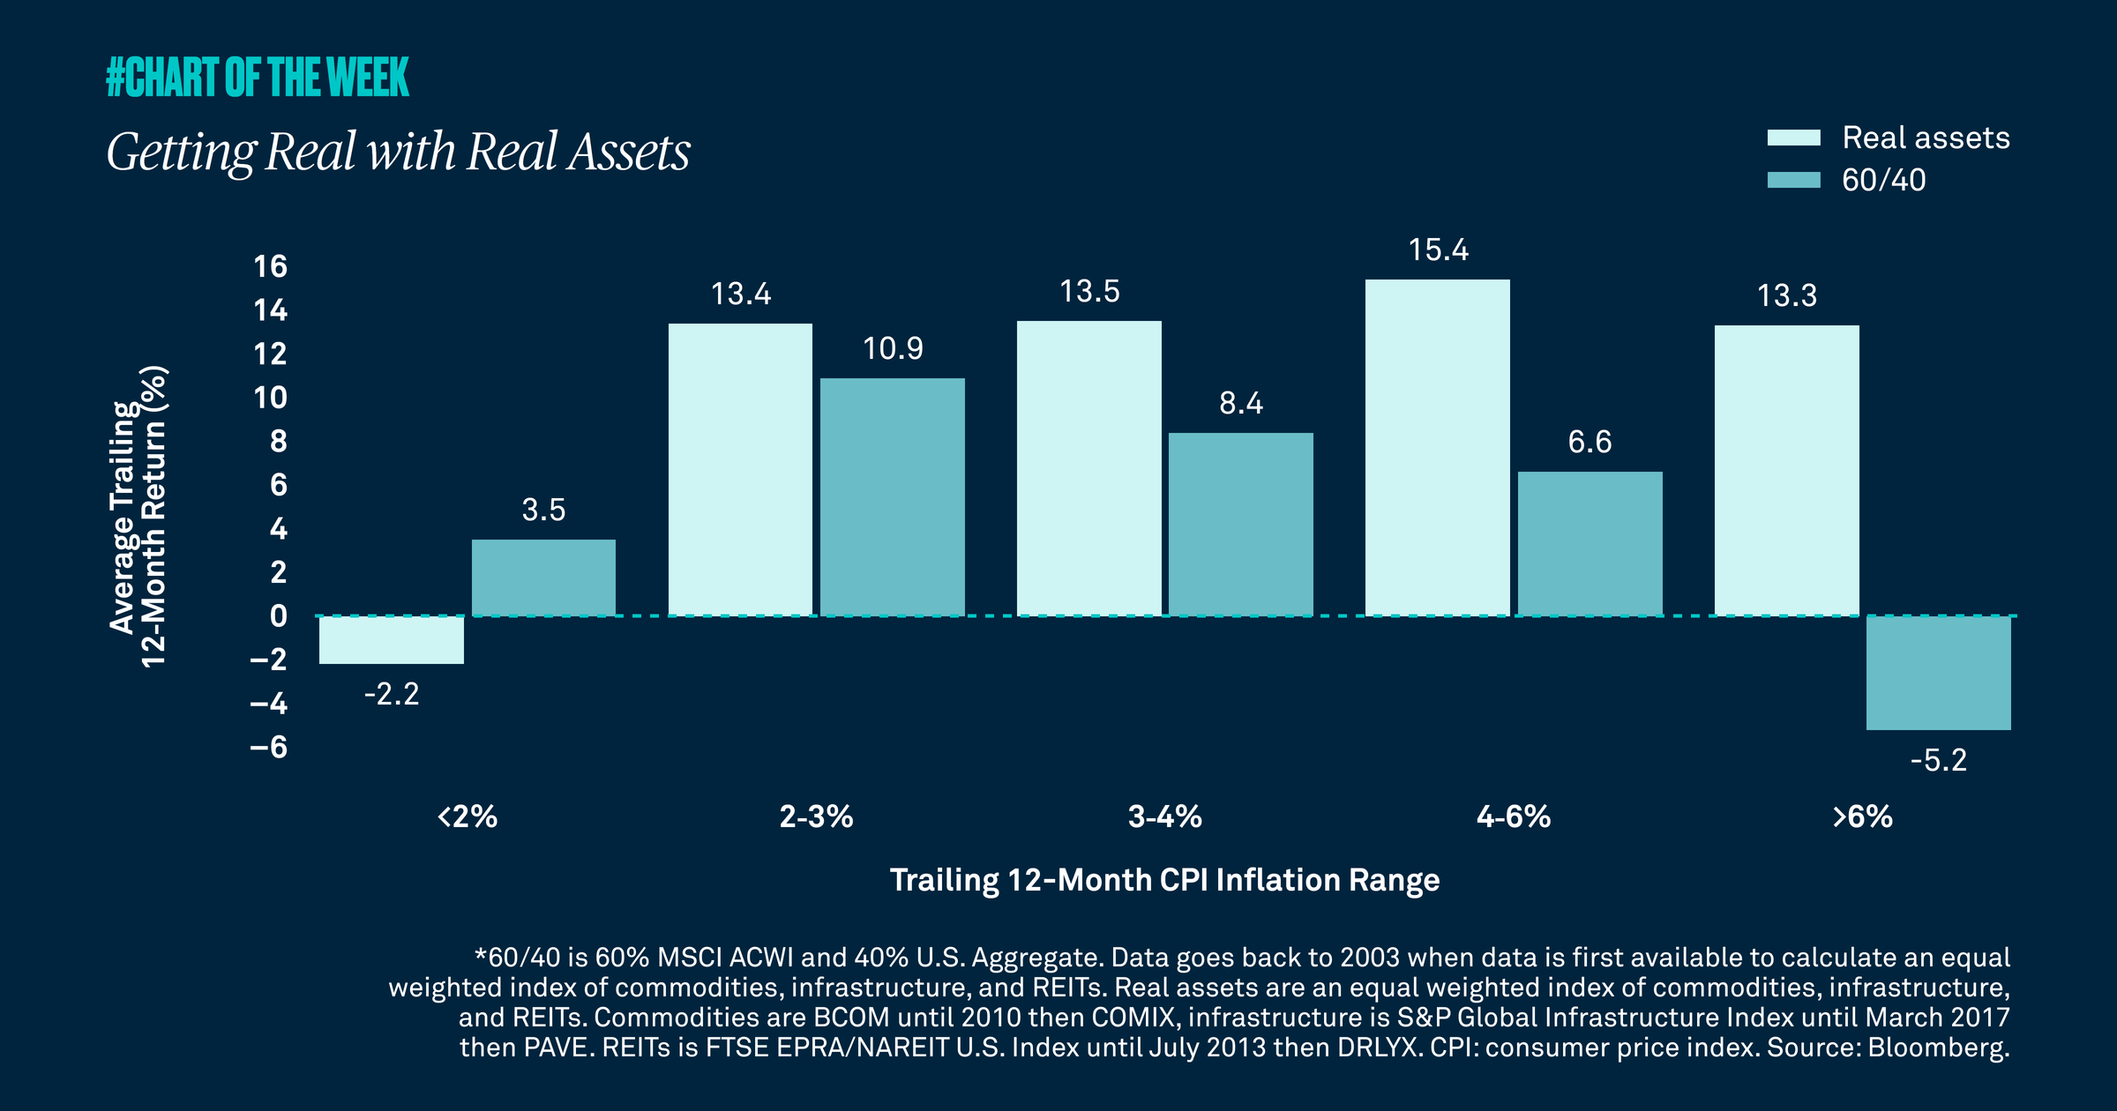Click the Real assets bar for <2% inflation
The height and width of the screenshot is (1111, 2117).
(x=392, y=639)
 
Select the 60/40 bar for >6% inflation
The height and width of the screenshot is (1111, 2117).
(x=1939, y=673)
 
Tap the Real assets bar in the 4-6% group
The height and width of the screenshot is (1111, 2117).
(x=1438, y=447)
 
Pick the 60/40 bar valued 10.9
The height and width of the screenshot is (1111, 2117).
(x=893, y=496)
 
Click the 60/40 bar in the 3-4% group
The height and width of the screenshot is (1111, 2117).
(x=1241, y=524)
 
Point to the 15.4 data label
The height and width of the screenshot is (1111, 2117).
(x=1439, y=250)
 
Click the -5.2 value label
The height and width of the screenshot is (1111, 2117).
(x=1939, y=760)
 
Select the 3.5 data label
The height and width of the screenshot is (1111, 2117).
(x=543, y=510)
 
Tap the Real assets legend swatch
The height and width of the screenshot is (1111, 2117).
(x=1793, y=138)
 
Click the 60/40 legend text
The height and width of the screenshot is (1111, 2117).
(x=1883, y=180)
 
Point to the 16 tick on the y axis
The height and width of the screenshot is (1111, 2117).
(x=270, y=266)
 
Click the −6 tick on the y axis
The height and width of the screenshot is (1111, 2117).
(x=269, y=748)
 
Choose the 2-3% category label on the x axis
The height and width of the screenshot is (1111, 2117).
(x=816, y=816)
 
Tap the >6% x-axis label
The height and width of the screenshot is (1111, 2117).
(x=1862, y=816)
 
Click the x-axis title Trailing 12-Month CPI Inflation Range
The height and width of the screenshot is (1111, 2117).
(x=1164, y=880)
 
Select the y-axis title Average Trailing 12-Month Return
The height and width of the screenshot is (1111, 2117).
(x=138, y=517)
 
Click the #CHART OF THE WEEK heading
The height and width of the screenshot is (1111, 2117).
(x=258, y=77)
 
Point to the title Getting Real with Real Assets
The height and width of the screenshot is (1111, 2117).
(x=398, y=152)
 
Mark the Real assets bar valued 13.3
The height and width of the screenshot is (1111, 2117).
(x=1787, y=470)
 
